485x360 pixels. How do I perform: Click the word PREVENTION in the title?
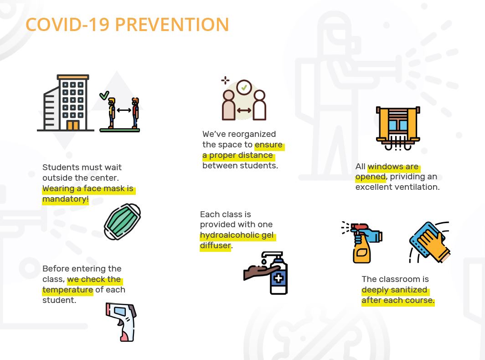click(172, 25)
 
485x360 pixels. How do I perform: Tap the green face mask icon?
click(122, 222)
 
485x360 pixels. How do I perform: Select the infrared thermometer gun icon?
click(121, 322)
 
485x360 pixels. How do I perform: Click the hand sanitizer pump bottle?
click(279, 273)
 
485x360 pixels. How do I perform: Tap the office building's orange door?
click(73, 125)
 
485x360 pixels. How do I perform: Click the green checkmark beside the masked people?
click(104, 95)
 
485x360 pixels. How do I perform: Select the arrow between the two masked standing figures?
click(124, 110)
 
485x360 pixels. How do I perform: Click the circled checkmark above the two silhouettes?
click(244, 87)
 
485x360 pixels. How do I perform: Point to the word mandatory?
click(66, 199)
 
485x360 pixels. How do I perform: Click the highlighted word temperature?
click(67, 290)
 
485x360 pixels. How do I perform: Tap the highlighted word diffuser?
click(215, 245)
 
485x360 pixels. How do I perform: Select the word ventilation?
click(418, 187)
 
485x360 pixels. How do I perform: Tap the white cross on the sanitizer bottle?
click(279, 278)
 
